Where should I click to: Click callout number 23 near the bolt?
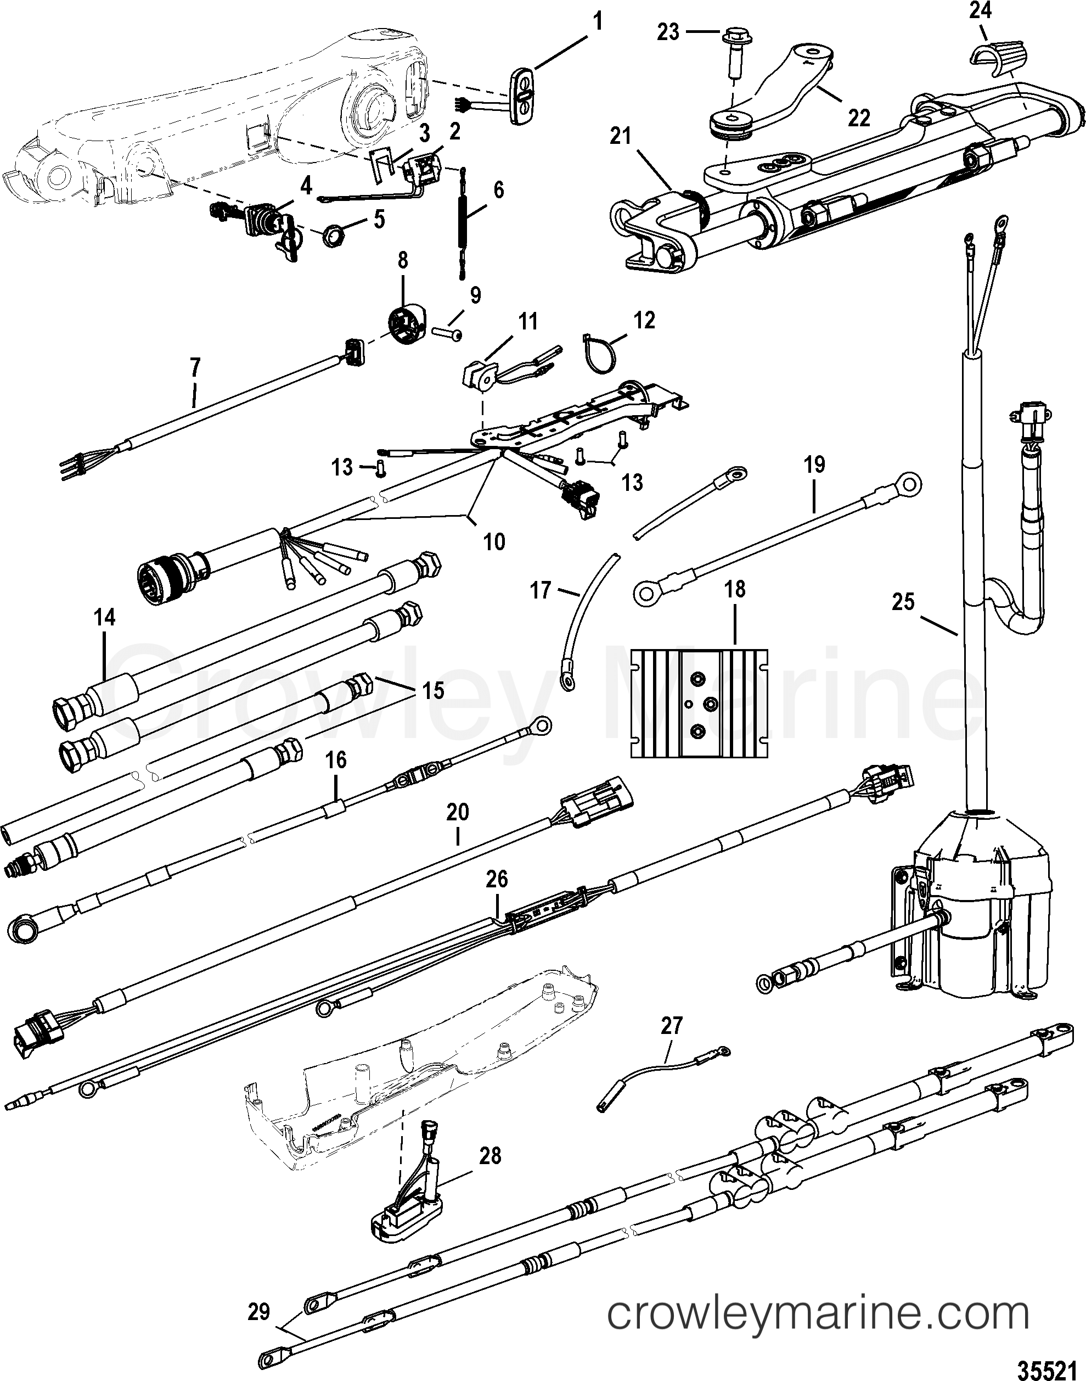pos(668,32)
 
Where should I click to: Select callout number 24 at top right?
pos(980,12)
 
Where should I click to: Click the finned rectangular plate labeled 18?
pos(699,703)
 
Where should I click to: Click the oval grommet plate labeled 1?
pos(524,99)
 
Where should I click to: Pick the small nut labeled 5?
pos(332,238)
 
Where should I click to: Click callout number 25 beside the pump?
pos(903,601)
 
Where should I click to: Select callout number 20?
pos(458,812)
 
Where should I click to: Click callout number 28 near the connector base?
pos(490,1156)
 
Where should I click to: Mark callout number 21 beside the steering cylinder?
pos(621,136)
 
